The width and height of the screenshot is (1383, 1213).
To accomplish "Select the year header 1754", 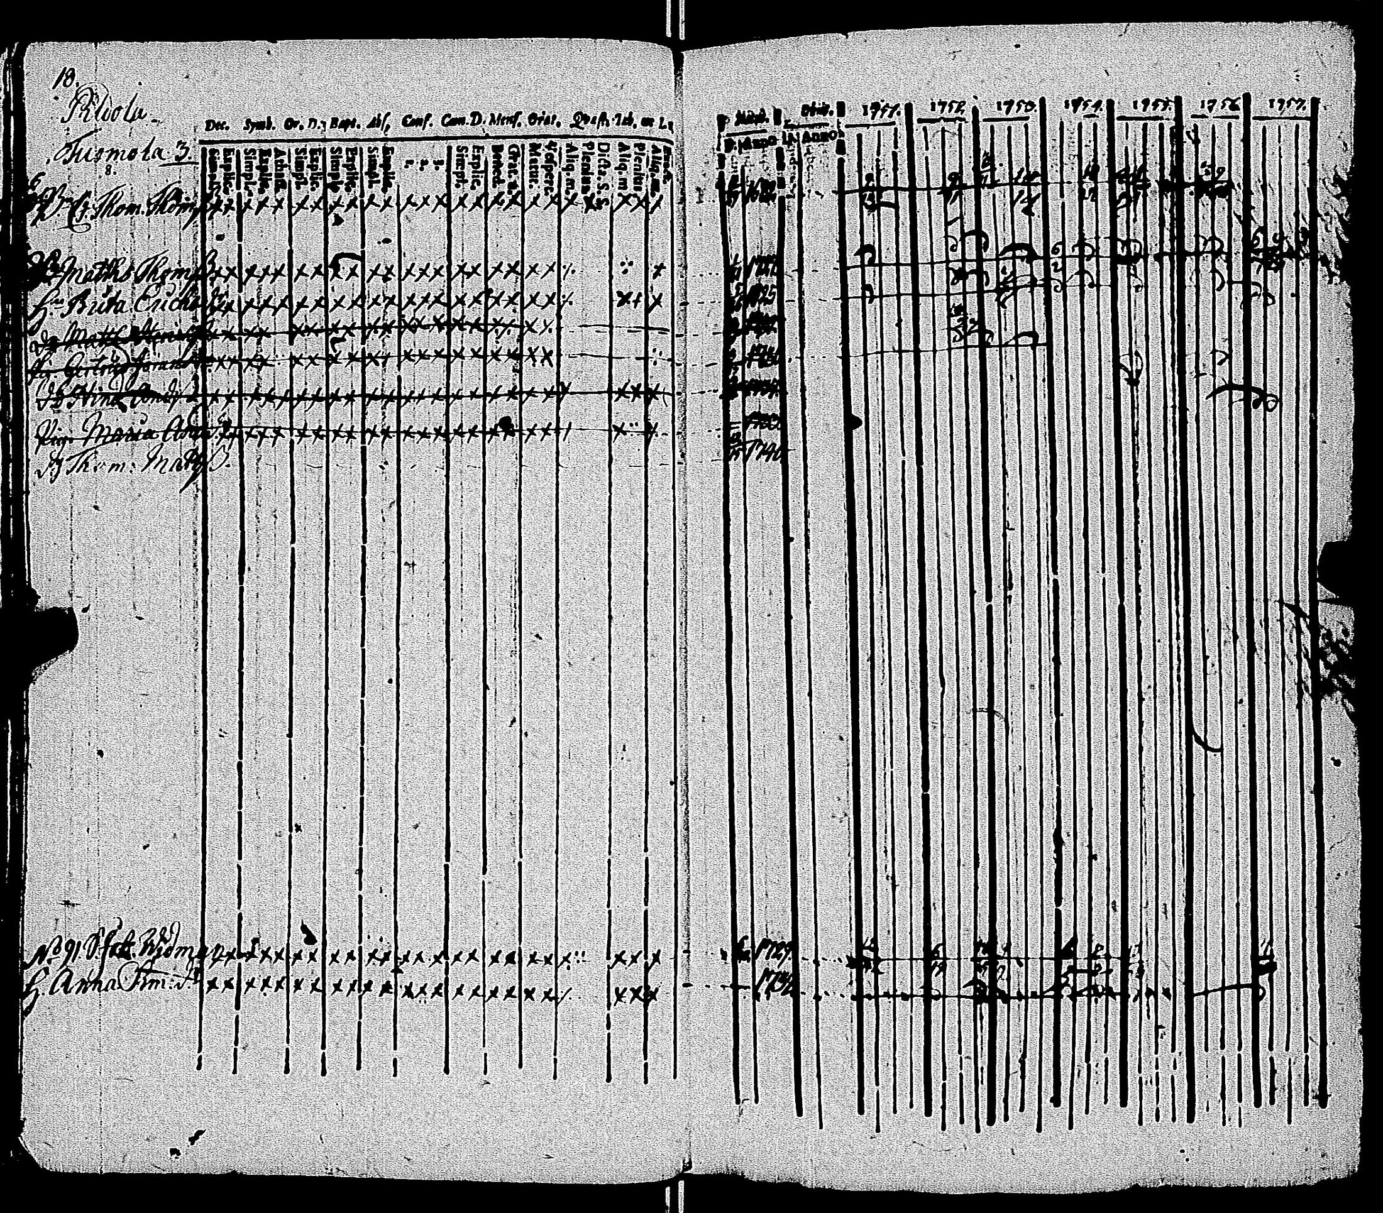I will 1083,107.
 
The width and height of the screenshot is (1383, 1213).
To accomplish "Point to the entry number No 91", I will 57,962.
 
